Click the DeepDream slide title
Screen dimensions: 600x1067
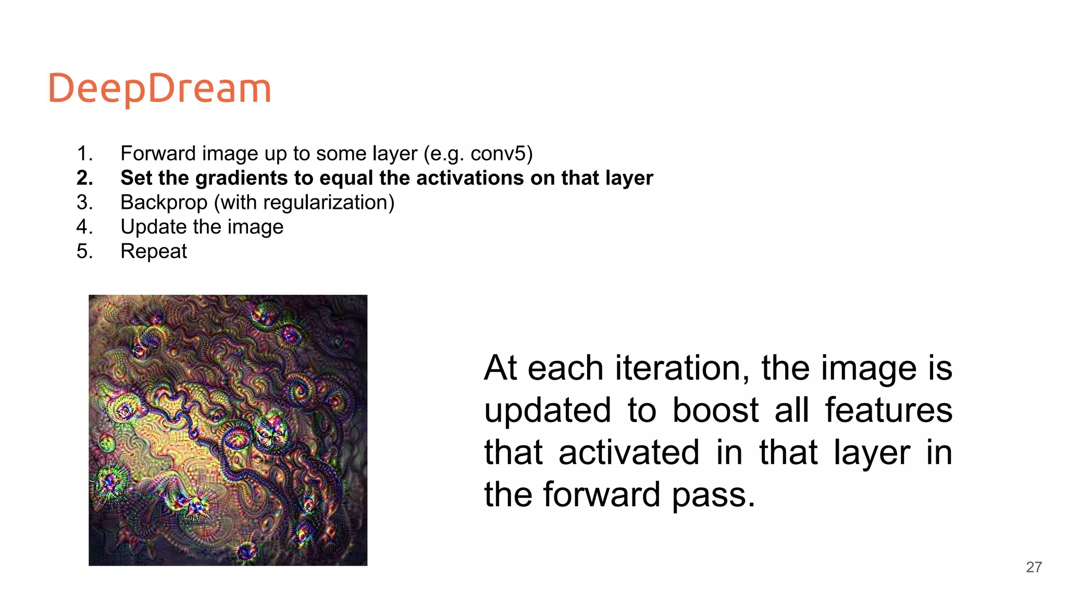[159, 89]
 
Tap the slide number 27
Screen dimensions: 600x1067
[1034, 567]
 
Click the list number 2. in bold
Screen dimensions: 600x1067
[85, 178]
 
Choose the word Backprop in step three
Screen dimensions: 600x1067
[164, 203]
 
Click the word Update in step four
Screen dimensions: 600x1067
[153, 227]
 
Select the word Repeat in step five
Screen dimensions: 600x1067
[153, 252]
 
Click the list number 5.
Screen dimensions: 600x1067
[85, 252]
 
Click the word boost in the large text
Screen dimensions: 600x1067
[715, 411]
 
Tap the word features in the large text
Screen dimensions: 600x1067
[888, 411]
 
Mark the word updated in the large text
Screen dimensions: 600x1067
[548, 411]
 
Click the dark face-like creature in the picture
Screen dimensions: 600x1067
[271, 430]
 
